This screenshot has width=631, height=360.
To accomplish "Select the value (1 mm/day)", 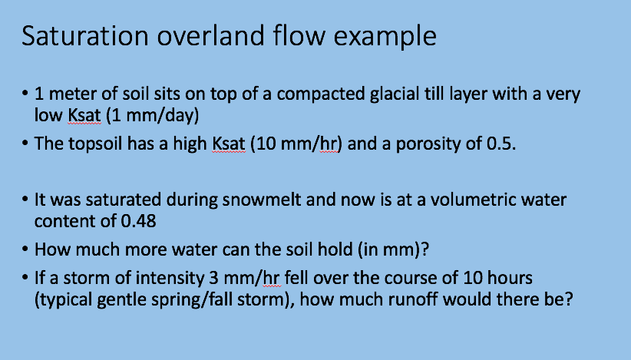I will tap(152, 116).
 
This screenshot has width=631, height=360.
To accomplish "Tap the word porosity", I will tap(428, 144).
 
